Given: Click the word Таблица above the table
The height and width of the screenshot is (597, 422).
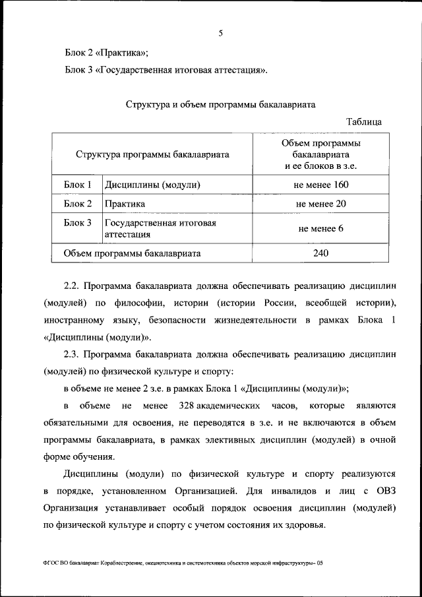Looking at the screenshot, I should [363, 121].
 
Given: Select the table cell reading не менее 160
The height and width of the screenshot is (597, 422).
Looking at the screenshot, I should [321, 185].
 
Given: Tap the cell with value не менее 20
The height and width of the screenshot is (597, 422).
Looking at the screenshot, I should [321, 204].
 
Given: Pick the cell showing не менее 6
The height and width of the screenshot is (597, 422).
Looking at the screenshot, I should [321, 229].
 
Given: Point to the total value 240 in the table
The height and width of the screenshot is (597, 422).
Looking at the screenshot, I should [321, 253].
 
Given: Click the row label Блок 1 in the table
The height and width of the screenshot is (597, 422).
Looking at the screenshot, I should [77, 185].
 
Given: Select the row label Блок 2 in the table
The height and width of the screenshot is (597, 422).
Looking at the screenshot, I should [77, 204].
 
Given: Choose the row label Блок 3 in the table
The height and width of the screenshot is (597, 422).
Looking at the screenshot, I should [77, 223].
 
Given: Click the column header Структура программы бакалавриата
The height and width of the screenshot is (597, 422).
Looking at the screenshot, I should [152, 155].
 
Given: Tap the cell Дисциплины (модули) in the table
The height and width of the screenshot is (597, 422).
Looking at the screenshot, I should [152, 185].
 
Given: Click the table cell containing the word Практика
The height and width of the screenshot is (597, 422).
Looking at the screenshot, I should [125, 204].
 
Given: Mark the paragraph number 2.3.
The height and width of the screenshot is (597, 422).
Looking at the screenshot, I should [71, 354].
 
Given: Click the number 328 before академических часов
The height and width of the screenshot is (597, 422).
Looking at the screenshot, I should [181, 404].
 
